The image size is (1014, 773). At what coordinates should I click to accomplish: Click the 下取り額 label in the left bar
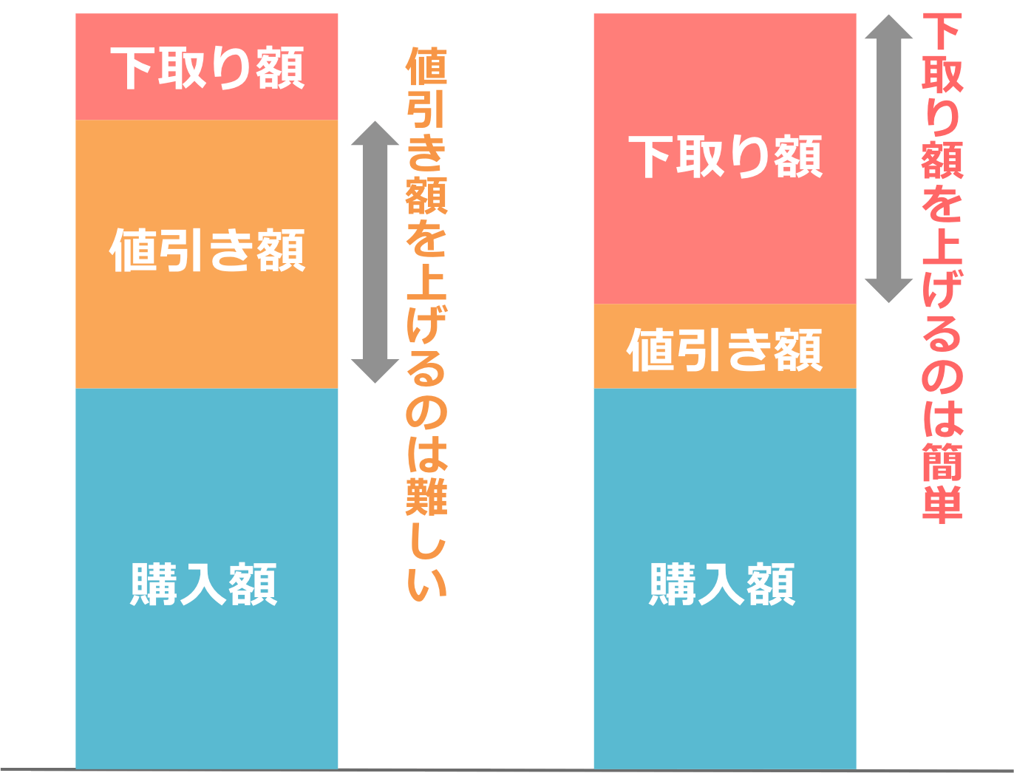coord(208,69)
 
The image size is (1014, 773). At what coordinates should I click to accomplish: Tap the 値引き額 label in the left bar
coord(208,251)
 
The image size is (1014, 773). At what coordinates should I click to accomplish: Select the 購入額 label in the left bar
coord(204,585)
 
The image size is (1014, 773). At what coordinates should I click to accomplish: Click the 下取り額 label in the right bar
coord(725,157)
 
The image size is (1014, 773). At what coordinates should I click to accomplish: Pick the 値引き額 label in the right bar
coord(725,350)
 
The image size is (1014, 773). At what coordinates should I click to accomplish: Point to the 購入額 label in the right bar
coord(722,585)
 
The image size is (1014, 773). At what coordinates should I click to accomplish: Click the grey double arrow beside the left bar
coord(375,252)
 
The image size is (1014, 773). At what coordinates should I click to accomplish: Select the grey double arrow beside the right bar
coord(888,158)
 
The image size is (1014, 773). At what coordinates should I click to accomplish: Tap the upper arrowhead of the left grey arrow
coord(375,133)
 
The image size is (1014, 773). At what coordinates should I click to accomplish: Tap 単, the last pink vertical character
coord(943,505)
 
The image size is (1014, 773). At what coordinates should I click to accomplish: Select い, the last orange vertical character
coord(427,580)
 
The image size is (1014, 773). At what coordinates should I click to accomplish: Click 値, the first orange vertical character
coord(427,67)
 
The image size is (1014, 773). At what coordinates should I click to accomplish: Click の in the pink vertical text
coord(943,375)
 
